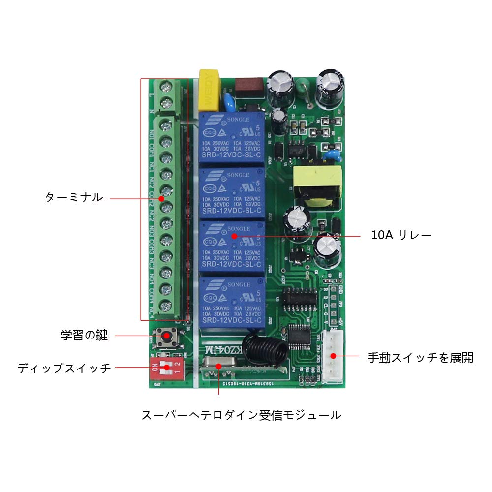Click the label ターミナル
74,198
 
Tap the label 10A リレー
401,235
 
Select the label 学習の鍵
84,336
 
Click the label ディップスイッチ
64,368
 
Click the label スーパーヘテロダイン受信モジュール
241,415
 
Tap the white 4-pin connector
333,356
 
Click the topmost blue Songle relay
232,137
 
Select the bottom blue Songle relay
232,301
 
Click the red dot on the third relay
235,236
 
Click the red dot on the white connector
333,356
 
